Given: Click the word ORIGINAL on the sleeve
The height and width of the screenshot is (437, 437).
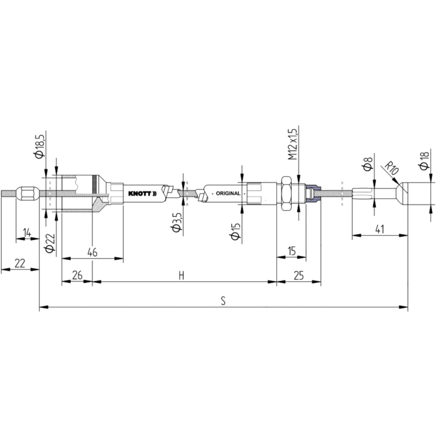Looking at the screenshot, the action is [228, 194].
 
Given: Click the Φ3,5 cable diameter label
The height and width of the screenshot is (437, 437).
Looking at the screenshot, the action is [177, 222].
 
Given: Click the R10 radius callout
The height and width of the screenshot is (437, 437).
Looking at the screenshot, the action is [392, 168].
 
